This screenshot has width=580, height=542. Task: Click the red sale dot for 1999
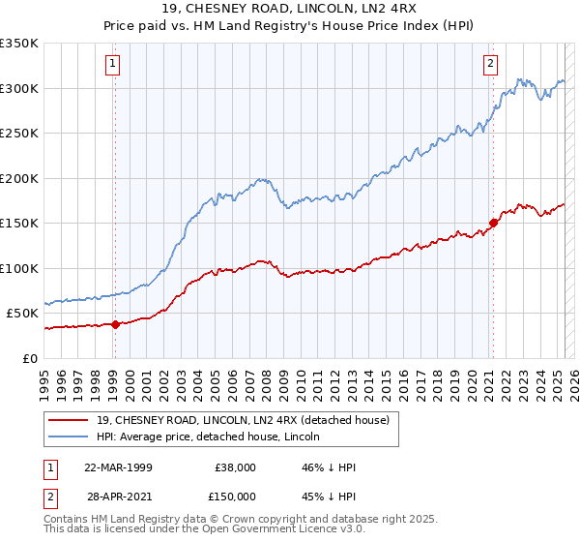115,324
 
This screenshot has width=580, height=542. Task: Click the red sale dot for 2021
493,223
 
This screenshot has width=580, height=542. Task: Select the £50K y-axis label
22,314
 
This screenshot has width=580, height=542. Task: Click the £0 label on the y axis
31,358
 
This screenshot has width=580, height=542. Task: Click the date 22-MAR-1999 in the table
118,467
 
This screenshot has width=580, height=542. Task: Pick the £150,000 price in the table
236,497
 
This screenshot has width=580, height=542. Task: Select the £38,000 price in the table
236,467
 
